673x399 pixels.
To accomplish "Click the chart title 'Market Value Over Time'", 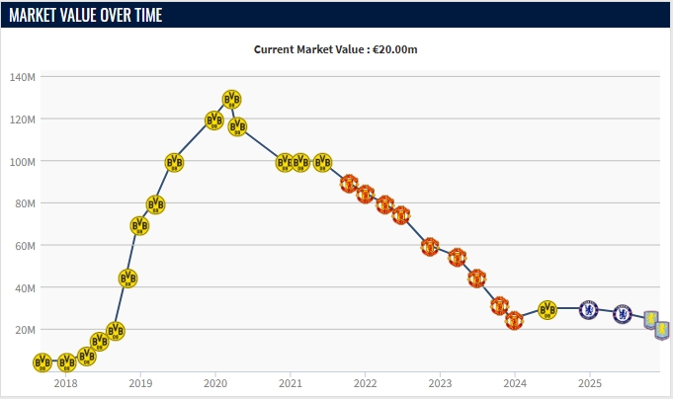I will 86,15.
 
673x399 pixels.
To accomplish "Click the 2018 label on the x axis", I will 65,382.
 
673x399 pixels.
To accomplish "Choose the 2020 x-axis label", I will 215,382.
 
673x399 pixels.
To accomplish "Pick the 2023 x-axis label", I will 440,382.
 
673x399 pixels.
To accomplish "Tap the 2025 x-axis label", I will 589,382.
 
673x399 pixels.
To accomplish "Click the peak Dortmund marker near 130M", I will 231,99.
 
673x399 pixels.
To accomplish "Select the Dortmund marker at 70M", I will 139,225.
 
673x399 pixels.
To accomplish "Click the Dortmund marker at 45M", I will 127,279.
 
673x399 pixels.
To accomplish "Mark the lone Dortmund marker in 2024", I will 547,310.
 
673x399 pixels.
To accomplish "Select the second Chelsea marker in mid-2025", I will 622,314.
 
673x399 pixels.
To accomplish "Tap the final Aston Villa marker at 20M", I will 662,329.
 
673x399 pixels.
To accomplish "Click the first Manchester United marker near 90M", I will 349,183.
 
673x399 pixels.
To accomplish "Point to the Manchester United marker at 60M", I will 429,246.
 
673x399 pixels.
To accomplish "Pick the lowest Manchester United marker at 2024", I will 514,320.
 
